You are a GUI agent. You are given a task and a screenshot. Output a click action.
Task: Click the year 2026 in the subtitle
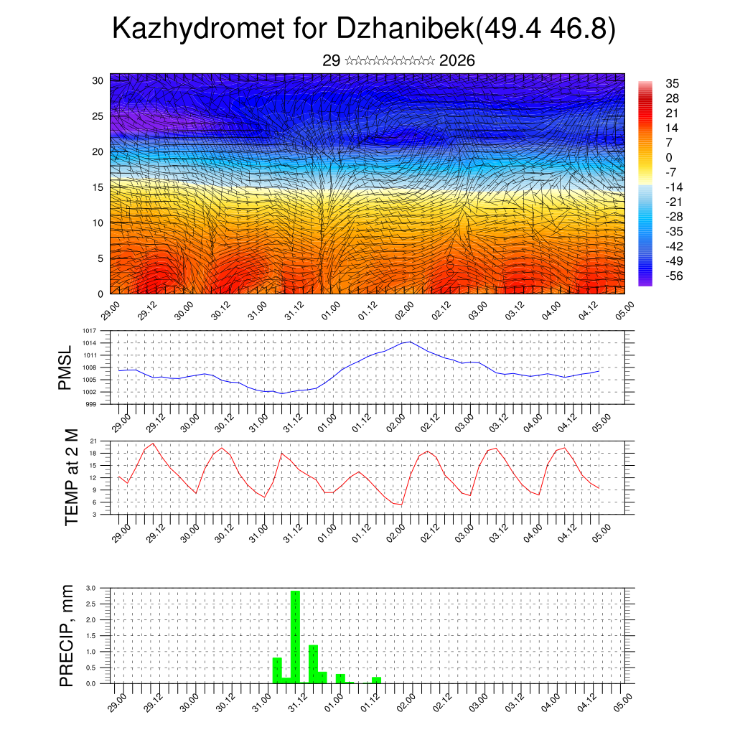pos(457,60)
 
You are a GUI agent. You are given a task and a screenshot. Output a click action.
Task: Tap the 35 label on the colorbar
pos(673,83)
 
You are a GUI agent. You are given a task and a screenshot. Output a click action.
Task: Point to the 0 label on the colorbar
pos(669,157)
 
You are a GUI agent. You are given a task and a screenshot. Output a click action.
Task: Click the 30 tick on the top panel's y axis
pos(98,80)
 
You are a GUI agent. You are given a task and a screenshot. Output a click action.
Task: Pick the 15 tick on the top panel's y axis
pos(98,187)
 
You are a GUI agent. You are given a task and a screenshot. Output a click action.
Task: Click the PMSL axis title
pos(66,367)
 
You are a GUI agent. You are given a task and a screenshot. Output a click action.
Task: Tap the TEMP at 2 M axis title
pos(71,477)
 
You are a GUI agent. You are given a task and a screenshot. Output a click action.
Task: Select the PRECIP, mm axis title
pos(66,635)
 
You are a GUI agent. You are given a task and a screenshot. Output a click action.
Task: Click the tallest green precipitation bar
pos(295,636)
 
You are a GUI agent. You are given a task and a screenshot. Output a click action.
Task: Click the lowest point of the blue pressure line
pos(282,393)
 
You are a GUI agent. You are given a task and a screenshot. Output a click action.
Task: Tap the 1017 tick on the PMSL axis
pos(89,331)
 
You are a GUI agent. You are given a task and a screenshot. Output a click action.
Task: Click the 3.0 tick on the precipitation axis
pos(90,588)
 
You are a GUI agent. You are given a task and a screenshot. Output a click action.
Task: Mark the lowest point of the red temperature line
pos(401,505)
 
